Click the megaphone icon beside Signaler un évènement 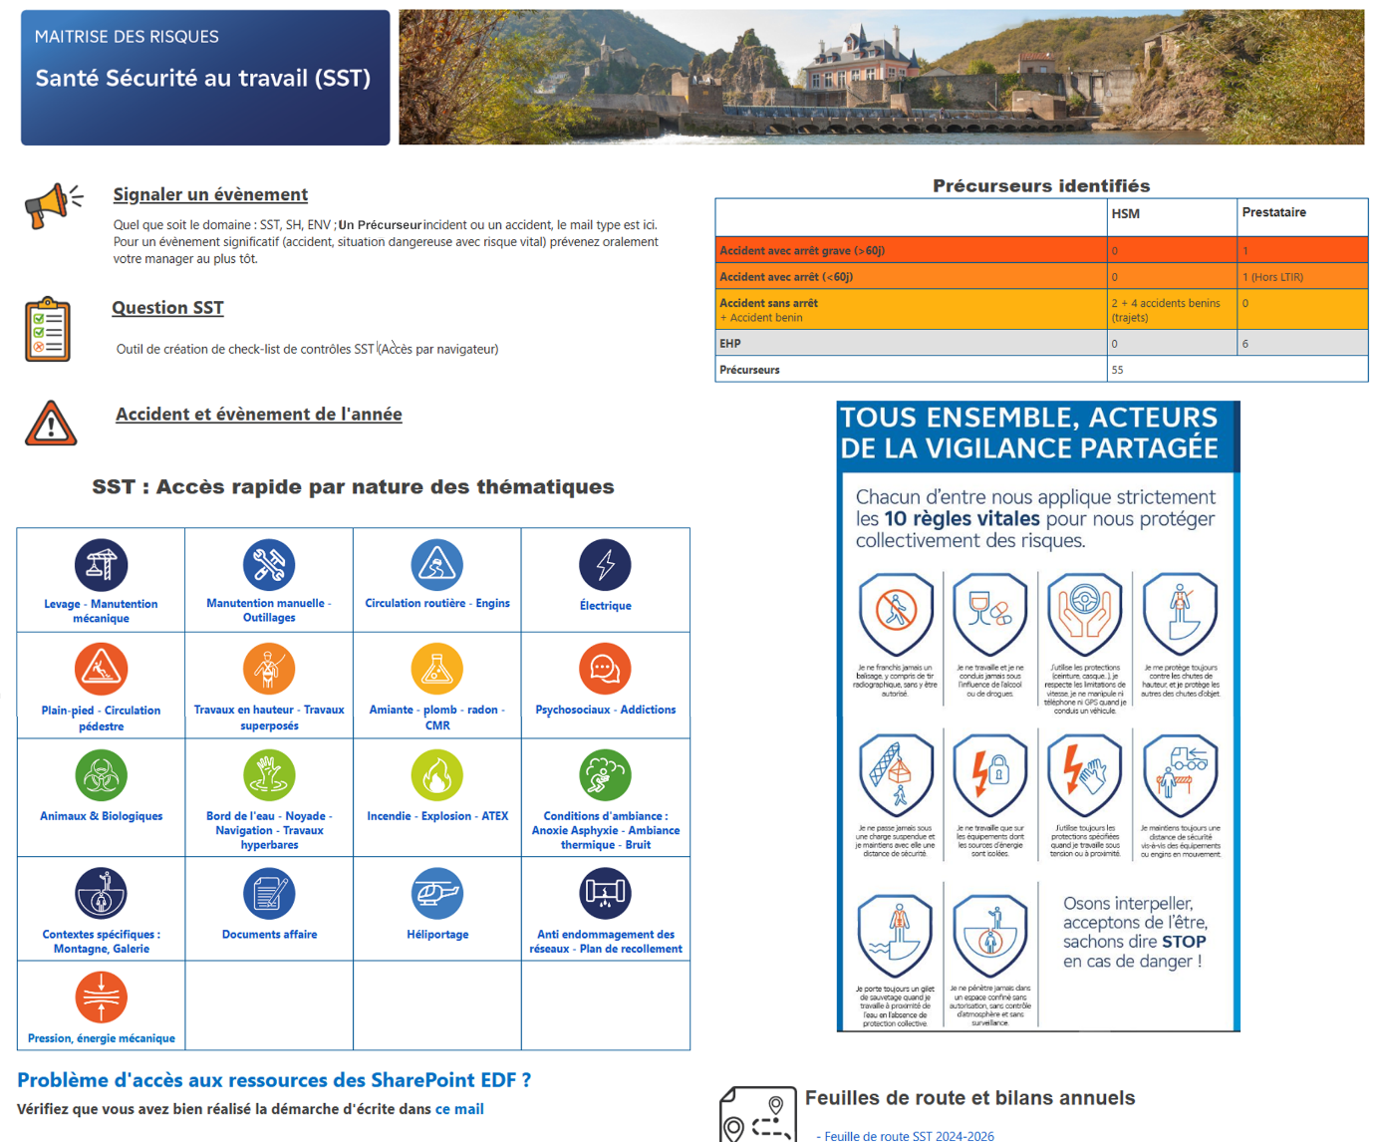[53, 205]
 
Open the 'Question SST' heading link [167, 308]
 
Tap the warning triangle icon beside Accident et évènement [51, 423]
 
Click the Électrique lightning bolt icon [605, 565]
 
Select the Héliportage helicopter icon [436, 893]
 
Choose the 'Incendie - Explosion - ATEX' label [437, 816]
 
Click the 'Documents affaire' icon [269, 893]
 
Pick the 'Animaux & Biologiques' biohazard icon [101, 775]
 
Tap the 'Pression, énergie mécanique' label [102, 1038]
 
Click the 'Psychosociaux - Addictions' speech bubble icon [605, 669]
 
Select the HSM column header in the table [1126, 213]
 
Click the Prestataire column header [1273, 212]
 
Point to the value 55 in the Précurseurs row [1117, 370]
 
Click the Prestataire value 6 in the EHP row [1245, 344]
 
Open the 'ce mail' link [459, 1109]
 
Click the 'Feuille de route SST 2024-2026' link [909, 1136]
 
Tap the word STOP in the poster [1184, 942]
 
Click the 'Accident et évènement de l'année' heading [259, 415]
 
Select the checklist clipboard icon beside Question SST [48, 329]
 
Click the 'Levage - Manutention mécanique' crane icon [101, 565]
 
